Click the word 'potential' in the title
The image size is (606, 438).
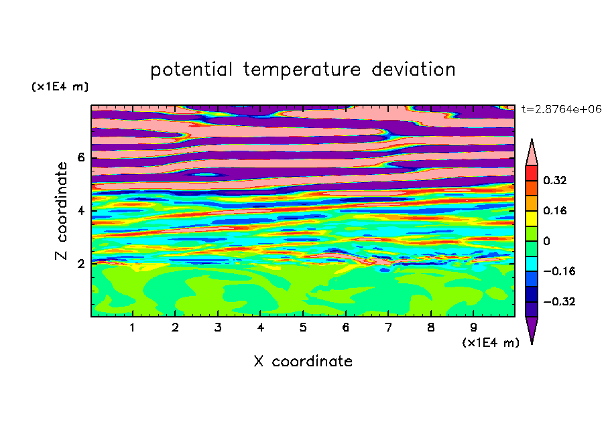tap(191, 70)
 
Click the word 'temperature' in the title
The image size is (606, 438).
tap(302, 70)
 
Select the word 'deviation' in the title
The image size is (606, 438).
tap(414, 69)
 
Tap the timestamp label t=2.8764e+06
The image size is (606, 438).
tap(561, 109)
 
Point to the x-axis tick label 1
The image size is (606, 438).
tap(133, 327)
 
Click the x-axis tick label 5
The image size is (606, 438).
tap(303, 327)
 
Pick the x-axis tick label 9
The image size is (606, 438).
tap(473, 327)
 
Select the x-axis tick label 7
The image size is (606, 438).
tap(388, 327)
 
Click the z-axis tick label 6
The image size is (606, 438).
tap(80, 157)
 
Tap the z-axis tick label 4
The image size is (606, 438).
tap(80, 211)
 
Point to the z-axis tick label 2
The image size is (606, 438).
tap(80, 264)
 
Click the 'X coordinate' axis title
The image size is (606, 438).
tap(303, 361)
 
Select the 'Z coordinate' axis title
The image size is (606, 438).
tap(61, 211)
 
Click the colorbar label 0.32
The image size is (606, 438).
tap(555, 180)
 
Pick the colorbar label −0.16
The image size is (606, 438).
tap(559, 271)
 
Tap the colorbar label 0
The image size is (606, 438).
tap(546, 241)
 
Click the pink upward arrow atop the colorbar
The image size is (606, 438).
tap(532, 154)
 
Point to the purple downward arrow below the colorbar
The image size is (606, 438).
tap(532, 328)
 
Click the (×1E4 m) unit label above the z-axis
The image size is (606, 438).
tap(60, 86)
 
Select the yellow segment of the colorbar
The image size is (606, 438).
tap(532, 218)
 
